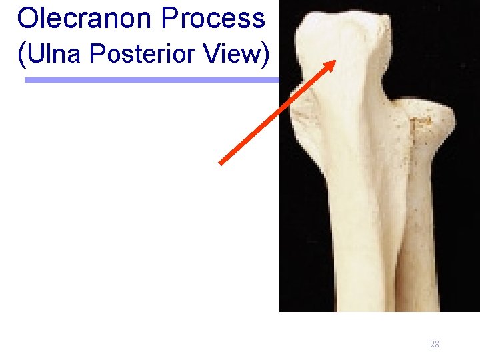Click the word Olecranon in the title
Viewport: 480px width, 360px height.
click(x=84, y=18)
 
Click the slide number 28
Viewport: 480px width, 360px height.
click(x=435, y=344)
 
